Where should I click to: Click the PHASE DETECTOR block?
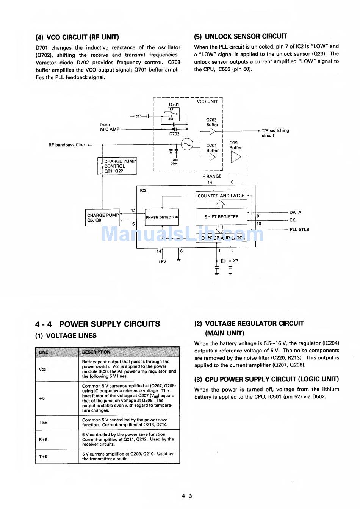162,217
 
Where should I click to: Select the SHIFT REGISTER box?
221,217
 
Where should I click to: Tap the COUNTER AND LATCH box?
221,196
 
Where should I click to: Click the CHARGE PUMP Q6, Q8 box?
103,218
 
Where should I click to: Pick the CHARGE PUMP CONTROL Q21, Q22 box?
117,166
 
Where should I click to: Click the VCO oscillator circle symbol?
187,144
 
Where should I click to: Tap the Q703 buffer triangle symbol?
213,131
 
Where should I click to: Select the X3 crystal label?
235,261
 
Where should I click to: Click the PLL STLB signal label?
299,229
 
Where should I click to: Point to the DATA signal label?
295,213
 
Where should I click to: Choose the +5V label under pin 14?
162,262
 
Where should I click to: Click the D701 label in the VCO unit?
174,105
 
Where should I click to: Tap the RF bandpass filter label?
67,145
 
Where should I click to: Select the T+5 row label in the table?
43,456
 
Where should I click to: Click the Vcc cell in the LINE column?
42,369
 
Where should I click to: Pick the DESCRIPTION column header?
96,352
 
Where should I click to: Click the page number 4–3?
187,496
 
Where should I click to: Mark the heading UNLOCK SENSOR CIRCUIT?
241,36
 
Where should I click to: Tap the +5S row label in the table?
43,422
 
